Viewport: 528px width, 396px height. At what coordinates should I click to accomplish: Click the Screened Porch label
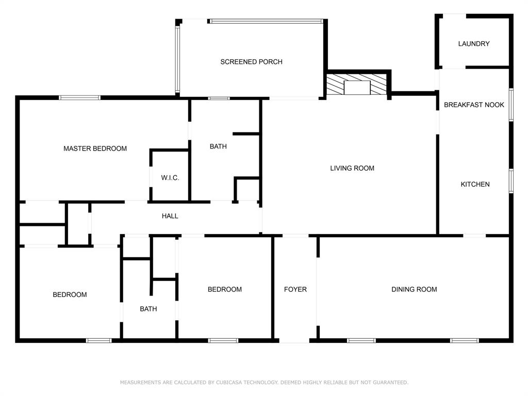[x=251, y=62]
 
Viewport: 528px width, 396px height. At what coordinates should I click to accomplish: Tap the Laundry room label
[x=474, y=44]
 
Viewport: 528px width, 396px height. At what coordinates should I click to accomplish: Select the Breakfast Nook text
[x=474, y=105]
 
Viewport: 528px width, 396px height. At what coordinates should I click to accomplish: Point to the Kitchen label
[x=475, y=184]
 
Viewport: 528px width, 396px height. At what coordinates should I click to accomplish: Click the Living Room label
[x=352, y=168]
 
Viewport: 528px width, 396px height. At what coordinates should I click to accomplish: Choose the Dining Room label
[x=414, y=289]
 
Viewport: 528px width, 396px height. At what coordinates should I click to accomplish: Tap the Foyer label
[x=295, y=289]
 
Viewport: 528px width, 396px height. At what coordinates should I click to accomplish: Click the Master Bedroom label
[x=95, y=148]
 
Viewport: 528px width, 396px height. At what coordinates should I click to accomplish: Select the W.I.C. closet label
[x=170, y=178]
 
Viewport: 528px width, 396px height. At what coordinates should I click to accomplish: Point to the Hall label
[x=170, y=216]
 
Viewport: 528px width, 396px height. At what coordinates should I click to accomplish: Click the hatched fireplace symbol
[x=357, y=85]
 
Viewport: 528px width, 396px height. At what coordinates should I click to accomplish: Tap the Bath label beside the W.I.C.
[x=218, y=146]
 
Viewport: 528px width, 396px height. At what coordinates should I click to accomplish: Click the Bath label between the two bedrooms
[x=148, y=309]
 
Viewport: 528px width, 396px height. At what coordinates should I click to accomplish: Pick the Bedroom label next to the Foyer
[x=225, y=289]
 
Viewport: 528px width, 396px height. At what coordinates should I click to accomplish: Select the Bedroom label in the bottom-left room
[x=70, y=294]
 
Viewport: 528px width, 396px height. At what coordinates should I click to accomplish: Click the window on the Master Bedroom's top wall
[x=79, y=97]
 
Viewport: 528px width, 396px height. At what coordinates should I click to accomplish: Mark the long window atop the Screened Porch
[x=267, y=21]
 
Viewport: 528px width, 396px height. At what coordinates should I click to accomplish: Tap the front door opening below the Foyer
[x=295, y=340]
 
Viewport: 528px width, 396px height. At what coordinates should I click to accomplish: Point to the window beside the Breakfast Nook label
[x=511, y=105]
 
